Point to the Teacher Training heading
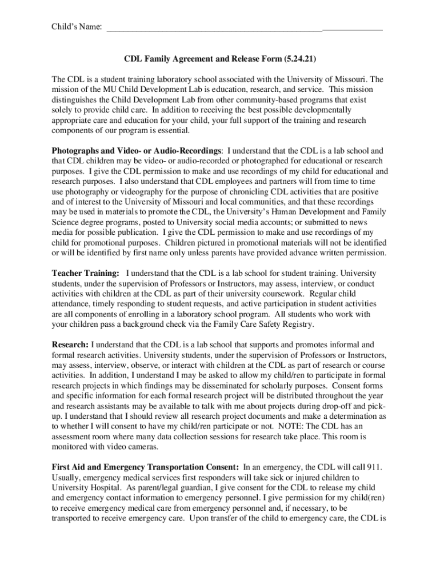click(86, 274)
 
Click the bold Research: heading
click(70, 345)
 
